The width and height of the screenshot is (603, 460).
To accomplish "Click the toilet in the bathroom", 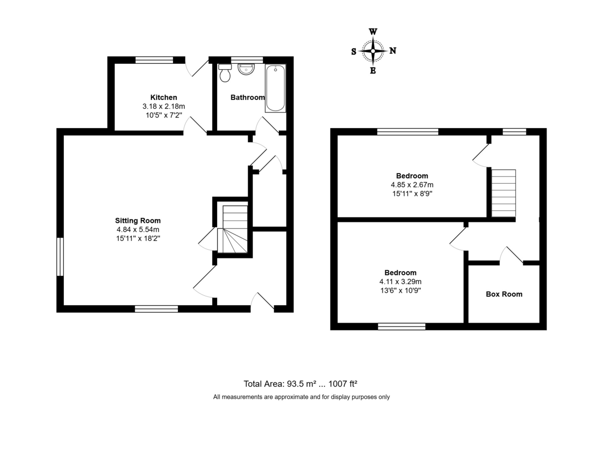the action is (x=225, y=73).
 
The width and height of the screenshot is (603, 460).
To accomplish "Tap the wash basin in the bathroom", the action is (x=246, y=69).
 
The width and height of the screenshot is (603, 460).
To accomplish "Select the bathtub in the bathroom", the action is (x=275, y=88).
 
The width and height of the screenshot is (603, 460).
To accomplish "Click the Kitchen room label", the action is (x=164, y=97).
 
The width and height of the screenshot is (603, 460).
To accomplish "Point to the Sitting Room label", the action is (x=138, y=220).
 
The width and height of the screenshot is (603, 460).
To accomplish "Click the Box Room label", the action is (x=504, y=294).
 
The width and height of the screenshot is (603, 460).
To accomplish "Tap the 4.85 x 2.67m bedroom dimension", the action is (x=412, y=185).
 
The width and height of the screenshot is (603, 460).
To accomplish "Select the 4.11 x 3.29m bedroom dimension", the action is (x=400, y=282).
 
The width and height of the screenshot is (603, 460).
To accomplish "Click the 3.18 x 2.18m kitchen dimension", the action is (x=164, y=106).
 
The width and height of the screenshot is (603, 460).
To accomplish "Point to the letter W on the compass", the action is (x=373, y=32).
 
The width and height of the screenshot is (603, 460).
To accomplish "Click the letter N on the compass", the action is (x=393, y=51).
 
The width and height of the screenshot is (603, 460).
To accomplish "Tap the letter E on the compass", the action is (x=373, y=71).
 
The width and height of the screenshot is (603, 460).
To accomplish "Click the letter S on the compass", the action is (x=354, y=52).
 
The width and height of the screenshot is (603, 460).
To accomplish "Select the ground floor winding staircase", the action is (x=233, y=229).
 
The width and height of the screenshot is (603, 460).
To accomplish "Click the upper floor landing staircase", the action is (x=504, y=193).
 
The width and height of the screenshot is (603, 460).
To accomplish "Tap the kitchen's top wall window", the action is (x=154, y=60).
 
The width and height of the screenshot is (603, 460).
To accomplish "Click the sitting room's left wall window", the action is (x=60, y=257).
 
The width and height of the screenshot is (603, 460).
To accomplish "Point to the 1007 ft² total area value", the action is (x=343, y=384).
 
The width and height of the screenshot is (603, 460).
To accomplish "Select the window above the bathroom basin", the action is (x=247, y=60).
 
